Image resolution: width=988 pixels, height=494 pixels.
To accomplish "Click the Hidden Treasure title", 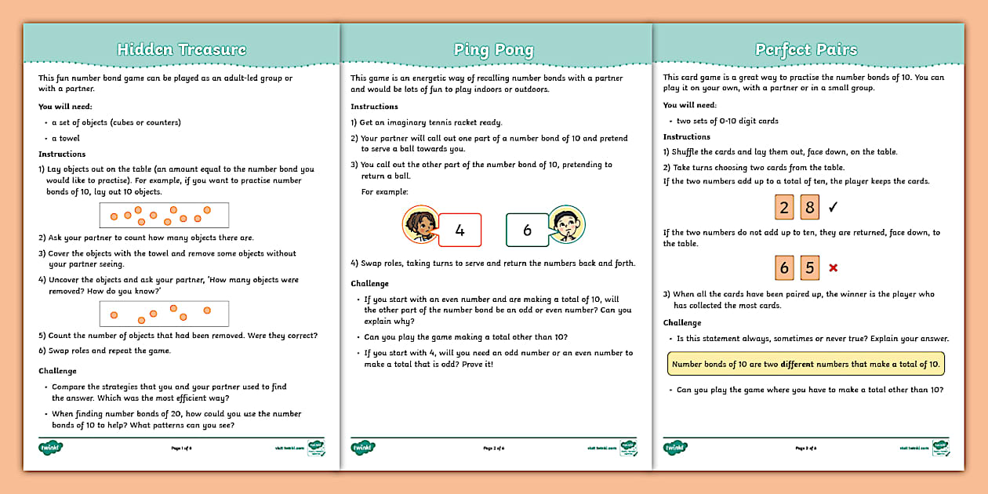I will click(181, 49).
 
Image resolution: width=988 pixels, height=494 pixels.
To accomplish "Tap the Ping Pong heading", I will click(494, 50).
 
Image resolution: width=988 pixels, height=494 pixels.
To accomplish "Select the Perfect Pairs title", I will click(806, 49).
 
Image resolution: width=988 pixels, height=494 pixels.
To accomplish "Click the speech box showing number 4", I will click(459, 230).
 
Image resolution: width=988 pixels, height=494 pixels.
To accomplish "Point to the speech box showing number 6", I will click(527, 230).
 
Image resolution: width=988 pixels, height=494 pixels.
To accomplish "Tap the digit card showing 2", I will click(783, 208).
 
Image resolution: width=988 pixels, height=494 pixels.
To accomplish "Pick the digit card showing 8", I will click(810, 208).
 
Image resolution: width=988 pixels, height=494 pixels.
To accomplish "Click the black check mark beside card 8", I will click(834, 207).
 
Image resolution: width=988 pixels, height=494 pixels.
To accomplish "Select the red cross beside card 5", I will click(834, 267).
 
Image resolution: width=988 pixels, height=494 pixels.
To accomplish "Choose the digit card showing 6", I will click(783, 267).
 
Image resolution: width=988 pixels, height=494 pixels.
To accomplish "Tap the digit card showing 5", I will click(810, 267).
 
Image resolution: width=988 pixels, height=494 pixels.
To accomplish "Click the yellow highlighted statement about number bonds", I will click(806, 365).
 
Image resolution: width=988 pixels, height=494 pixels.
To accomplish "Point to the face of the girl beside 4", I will click(420, 224).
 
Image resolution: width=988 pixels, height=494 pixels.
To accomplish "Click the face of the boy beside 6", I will click(565, 224).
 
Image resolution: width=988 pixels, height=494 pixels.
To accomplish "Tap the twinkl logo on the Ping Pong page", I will click(363, 448).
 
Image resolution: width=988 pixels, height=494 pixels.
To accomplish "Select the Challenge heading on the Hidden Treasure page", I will click(57, 371).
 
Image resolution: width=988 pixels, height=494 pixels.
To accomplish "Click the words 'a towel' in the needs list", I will click(66, 138).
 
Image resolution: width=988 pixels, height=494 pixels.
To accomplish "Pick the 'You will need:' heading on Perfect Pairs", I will click(689, 105).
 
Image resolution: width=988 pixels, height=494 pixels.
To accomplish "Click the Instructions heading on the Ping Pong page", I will click(374, 107).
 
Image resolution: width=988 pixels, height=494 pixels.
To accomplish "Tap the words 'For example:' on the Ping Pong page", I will click(384, 191).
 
